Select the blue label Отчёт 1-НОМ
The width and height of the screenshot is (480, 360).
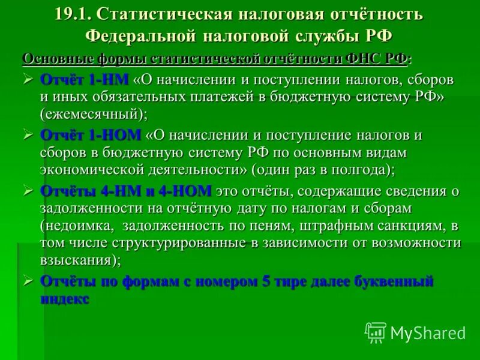click(91, 135)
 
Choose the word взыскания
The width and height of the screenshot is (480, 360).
click(76, 260)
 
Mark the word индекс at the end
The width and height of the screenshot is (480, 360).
click(65, 298)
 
